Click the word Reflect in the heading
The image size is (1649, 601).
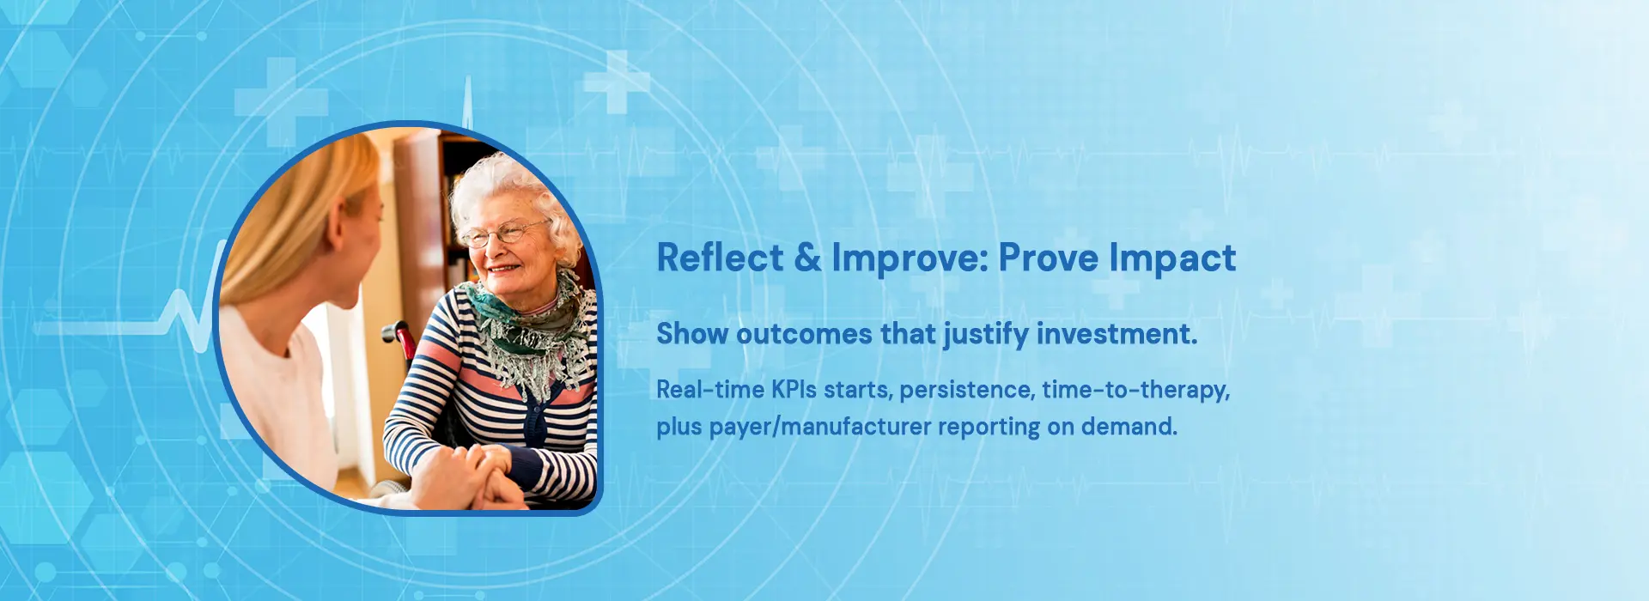[x=721, y=258]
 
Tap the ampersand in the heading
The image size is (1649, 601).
[x=807, y=258]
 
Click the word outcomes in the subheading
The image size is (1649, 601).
[x=805, y=334]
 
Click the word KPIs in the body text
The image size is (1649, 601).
[x=794, y=390]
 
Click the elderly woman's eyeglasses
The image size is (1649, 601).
[x=504, y=232]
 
